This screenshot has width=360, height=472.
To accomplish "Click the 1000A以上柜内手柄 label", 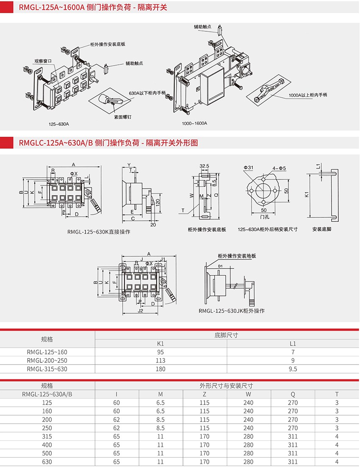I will (x=308, y=95).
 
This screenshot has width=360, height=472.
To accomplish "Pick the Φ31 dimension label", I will (x=248, y=168).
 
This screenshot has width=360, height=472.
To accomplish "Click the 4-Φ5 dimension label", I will (x=280, y=168).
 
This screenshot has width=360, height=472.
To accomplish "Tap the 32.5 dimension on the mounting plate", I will (x=205, y=166).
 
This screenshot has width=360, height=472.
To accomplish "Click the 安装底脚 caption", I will (x=321, y=229).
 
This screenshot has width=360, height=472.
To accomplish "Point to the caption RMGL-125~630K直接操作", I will (x=99, y=232).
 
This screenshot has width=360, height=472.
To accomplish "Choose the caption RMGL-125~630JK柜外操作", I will (x=231, y=311).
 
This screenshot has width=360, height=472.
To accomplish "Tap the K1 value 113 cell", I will (x=161, y=360).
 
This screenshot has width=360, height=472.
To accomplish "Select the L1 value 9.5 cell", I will (x=293, y=369).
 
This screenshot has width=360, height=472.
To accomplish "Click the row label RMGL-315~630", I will (x=47, y=369).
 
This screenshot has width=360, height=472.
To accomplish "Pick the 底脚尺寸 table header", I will (x=227, y=335).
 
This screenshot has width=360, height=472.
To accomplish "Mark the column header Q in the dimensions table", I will (x=293, y=394).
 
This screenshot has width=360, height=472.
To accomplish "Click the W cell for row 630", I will (x=248, y=462).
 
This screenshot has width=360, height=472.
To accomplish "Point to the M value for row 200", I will (x=161, y=420).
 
